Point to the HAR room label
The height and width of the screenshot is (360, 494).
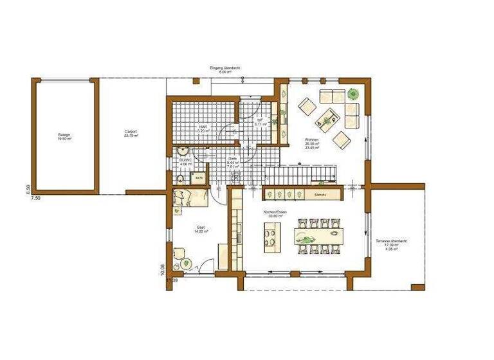pos(203,127)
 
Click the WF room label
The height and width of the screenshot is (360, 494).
pos(259,121)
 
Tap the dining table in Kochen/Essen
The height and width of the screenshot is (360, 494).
pos(315,236)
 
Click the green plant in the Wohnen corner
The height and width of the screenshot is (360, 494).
pos(352,94)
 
